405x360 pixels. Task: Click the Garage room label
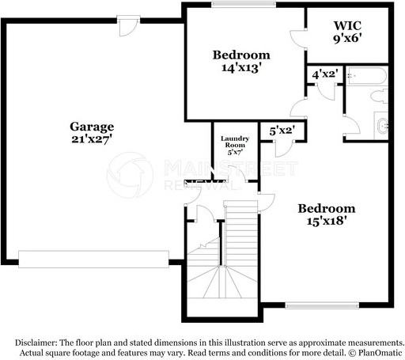[x=92, y=127]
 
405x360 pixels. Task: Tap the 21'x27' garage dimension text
[x=92, y=139]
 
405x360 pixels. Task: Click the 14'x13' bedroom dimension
[x=241, y=68]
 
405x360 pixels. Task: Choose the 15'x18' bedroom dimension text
[x=326, y=222]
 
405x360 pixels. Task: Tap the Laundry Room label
[x=235, y=142]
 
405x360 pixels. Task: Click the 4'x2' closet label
[x=325, y=74]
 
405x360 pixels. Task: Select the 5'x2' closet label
[x=282, y=130]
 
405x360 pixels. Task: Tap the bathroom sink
[x=383, y=125]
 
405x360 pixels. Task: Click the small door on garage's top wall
[x=125, y=27]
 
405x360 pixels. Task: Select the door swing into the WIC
[x=297, y=36]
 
